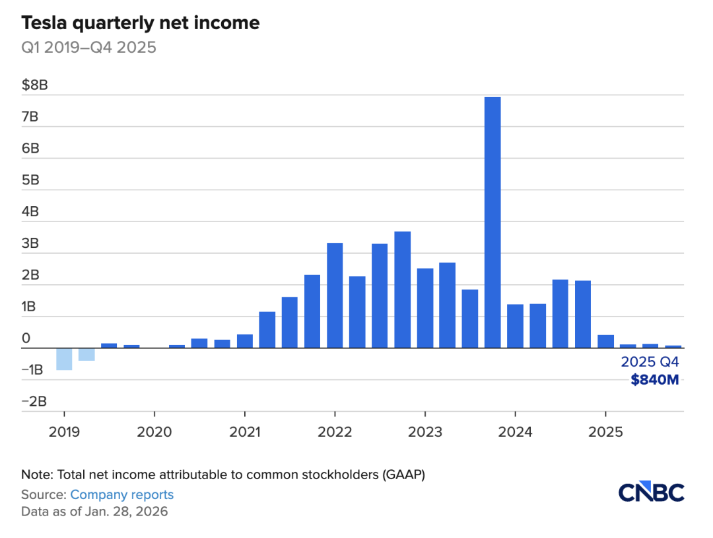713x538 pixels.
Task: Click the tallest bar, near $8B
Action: pos(492,222)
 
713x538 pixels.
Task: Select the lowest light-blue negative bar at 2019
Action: pos(64,359)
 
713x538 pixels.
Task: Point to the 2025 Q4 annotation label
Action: pos(650,362)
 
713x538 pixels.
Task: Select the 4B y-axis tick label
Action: pos(31,211)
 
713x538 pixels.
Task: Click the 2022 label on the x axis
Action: pos(335,432)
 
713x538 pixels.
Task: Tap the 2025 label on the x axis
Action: pos(605,432)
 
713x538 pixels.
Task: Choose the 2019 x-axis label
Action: pos(64,432)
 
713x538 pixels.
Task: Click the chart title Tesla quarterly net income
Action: pos(141,24)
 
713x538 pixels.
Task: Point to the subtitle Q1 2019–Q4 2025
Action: pos(88,48)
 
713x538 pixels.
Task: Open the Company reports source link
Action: pos(121,494)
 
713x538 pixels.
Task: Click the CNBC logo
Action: pos(651,492)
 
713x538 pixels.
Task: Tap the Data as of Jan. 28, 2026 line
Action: pos(94,512)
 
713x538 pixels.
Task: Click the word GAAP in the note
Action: pos(407,475)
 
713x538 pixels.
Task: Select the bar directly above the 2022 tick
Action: pos(335,295)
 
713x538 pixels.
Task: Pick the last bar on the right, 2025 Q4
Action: pos(673,346)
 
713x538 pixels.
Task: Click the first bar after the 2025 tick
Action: pos(605,341)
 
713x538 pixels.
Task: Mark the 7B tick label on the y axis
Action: pos(31,117)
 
